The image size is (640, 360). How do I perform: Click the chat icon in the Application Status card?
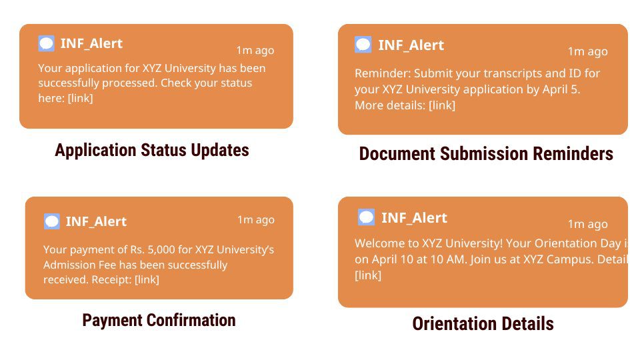tap(46, 43)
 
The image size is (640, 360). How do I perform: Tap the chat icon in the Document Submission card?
tap(363, 45)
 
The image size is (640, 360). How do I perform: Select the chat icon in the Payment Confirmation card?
tap(52, 221)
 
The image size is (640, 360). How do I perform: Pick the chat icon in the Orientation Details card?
tap(366, 217)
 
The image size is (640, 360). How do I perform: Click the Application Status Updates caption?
tap(152, 150)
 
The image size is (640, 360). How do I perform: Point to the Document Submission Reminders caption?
tap(486, 154)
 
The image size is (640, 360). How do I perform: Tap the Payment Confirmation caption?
tap(159, 321)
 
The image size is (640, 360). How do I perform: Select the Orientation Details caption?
tap(483, 324)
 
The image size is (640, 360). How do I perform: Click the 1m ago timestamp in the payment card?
tap(256, 219)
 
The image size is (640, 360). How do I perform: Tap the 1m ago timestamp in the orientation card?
tap(588, 224)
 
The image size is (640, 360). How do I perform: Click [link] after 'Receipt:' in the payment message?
tap(147, 279)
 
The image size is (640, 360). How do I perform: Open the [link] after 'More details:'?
tap(442, 105)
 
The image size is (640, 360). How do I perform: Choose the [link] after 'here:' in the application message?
tap(81, 98)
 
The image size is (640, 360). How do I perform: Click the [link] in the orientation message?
tap(368, 275)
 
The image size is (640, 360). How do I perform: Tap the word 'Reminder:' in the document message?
tap(383, 73)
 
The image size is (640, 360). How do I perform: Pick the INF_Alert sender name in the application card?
tap(91, 44)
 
